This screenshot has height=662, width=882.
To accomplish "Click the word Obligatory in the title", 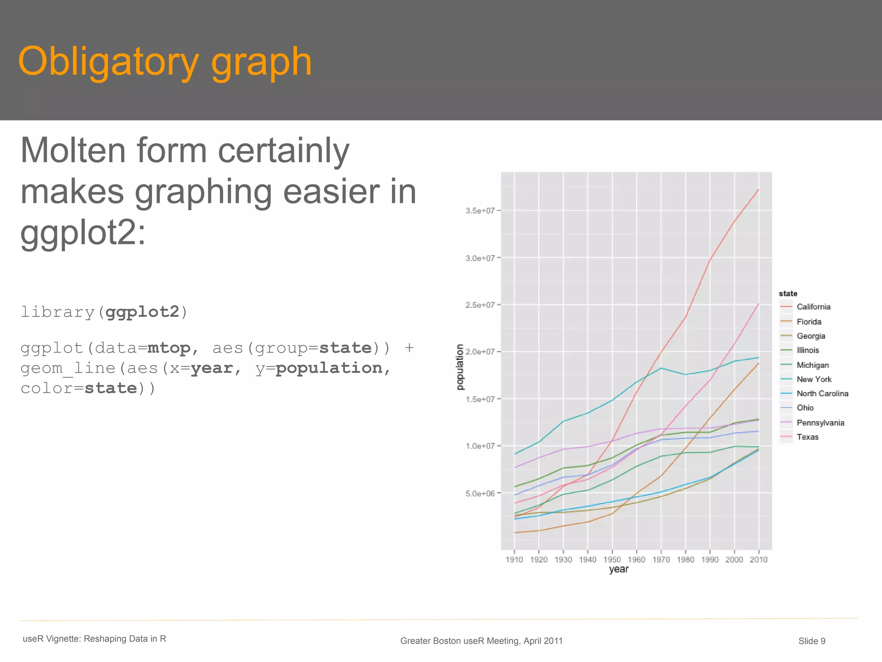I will [x=108, y=62].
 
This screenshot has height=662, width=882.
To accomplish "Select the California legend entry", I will [x=813, y=307].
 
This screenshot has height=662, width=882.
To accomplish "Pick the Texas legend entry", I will [x=807, y=437].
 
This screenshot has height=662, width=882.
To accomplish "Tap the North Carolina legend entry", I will [x=822, y=393].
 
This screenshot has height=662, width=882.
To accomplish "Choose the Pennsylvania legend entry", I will [x=820, y=423].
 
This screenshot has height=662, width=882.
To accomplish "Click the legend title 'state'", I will [x=788, y=293].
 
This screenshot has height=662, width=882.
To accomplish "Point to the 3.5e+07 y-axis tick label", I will [x=480, y=211].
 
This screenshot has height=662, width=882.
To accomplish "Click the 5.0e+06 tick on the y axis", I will [x=480, y=493].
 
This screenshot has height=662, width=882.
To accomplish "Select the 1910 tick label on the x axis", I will [x=514, y=559].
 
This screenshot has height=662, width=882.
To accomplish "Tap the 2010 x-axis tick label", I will [x=758, y=559].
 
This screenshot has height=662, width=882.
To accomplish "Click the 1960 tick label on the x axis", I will [x=636, y=559].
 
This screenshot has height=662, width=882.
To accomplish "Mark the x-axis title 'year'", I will [x=618, y=569].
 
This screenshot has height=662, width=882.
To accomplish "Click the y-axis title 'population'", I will [x=460, y=367].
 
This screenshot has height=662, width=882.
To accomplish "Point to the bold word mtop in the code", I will [x=168, y=348].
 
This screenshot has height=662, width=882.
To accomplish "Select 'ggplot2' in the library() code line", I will [x=142, y=312].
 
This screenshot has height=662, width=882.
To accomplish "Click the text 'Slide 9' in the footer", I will [x=811, y=641].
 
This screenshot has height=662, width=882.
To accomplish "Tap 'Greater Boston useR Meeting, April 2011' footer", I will [x=481, y=641].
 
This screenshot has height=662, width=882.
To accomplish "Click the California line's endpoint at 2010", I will [x=758, y=190].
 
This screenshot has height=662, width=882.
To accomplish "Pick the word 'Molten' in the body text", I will [x=73, y=151].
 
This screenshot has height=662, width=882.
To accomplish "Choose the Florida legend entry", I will [x=808, y=322].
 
